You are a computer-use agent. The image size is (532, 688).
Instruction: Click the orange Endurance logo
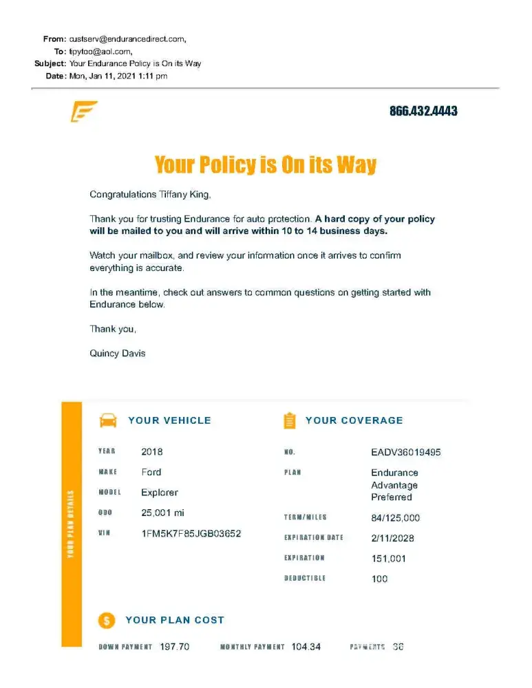(x=84, y=111)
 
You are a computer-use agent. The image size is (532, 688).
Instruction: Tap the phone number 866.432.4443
(x=423, y=111)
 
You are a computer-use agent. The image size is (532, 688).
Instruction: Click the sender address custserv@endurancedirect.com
(x=127, y=39)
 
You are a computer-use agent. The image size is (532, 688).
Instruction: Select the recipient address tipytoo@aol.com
(x=100, y=52)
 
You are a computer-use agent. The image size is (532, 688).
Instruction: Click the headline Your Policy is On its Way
(x=266, y=165)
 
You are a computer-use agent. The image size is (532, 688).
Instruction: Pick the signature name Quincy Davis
(x=118, y=354)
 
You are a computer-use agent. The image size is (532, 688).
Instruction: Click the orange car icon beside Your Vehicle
(x=108, y=420)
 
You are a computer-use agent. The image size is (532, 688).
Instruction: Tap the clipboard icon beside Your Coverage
(x=290, y=420)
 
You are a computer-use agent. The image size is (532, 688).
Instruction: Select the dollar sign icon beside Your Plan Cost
(x=107, y=620)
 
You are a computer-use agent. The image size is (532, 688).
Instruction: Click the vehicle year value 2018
(x=152, y=452)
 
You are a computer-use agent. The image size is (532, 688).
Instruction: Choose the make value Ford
(x=151, y=472)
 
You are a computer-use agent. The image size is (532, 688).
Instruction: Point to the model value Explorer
(x=160, y=493)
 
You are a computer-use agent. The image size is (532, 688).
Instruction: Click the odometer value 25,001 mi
(x=163, y=513)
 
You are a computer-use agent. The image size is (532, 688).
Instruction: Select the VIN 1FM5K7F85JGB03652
(x=191, y=533)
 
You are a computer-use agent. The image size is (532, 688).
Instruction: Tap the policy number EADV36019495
(x=406, y=453)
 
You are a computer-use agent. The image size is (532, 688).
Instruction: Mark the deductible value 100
(x=380, y=579)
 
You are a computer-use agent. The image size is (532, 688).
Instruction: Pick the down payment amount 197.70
(x=174, y=647)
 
